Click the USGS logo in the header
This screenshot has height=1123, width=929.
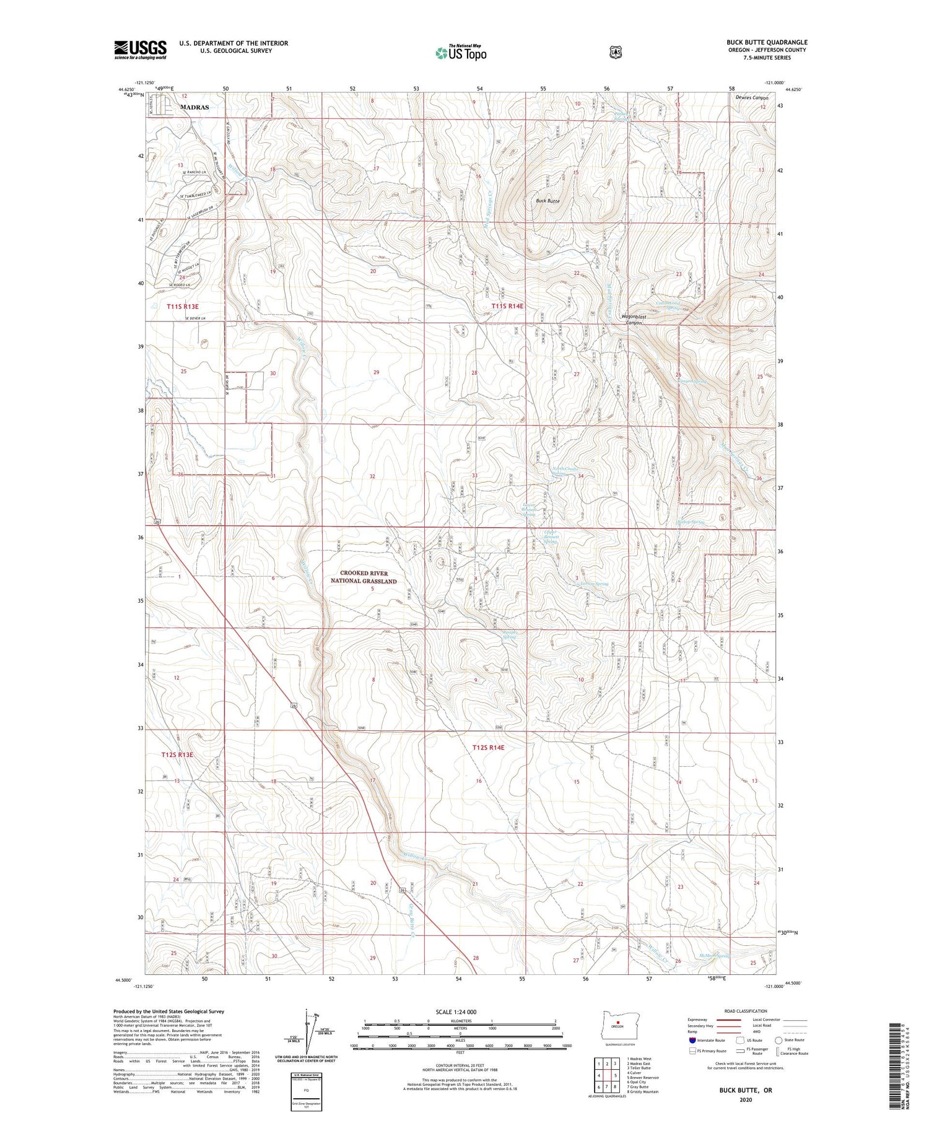click(140, 50)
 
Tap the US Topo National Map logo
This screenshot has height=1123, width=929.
click(461, 52)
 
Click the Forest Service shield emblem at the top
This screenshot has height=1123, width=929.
click(615, 53)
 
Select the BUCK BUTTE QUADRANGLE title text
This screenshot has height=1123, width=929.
click(767, 42)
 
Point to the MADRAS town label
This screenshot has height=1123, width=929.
click(194, 107)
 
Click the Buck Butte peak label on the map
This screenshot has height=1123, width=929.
click(547, 201)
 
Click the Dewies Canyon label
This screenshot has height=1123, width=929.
click(752, 98)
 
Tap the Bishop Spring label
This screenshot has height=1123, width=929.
click(691, 522)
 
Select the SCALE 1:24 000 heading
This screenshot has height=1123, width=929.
click(460, 1012)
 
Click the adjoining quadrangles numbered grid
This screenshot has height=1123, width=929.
click(607, 1075)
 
